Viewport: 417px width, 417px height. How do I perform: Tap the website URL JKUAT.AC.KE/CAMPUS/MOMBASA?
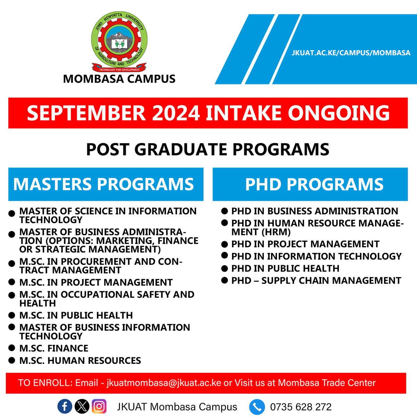[351, 53]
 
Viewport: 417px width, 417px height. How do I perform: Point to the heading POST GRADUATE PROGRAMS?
[207, 149]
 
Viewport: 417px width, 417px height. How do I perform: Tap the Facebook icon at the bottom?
[65, 407]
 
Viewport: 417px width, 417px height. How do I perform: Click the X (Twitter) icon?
[82, 407]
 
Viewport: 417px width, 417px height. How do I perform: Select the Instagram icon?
[99, 407]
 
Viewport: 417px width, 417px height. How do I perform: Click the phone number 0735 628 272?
[301, 407]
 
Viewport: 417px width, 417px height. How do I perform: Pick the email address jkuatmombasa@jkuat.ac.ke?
[164, 383]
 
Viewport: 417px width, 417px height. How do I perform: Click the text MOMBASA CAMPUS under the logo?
[119, 79]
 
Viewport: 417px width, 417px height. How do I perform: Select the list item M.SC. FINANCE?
[54, 348]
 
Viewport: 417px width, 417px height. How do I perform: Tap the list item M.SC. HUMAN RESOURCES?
[80, 360]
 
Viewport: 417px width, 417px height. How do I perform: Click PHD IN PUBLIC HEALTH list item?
[285, 268]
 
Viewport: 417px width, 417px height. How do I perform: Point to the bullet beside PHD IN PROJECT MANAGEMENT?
[224, 244]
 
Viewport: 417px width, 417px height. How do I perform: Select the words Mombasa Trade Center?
[327, 383]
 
